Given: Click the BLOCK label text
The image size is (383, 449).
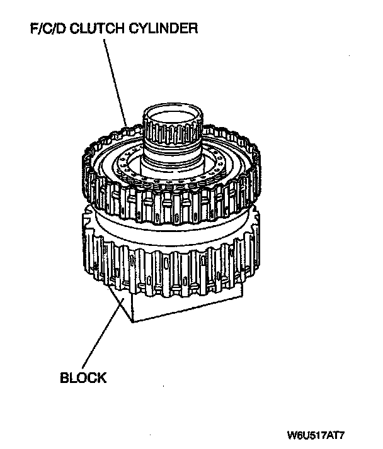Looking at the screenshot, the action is (x=83, y=378).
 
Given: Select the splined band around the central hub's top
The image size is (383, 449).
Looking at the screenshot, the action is (x=173, y=135).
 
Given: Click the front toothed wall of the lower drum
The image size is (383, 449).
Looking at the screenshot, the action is (x=170, y=270).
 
